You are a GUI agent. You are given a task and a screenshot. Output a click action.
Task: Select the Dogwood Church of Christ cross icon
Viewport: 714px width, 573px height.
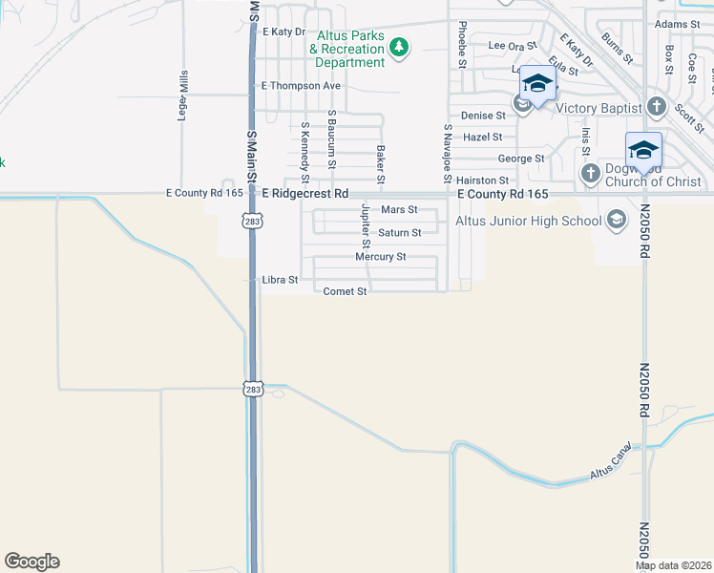coord(591,174)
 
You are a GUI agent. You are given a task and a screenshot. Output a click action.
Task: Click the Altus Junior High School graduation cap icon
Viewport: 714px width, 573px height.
coord(616,221)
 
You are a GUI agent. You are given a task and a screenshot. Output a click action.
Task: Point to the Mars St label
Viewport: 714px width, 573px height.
coord(399,209)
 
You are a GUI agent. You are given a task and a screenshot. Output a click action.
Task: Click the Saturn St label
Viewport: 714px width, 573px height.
coord(399,233)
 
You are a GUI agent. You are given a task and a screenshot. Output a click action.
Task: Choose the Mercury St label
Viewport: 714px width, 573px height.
coord(381,257)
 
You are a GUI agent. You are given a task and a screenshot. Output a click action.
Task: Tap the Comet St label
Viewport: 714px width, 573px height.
coord(346,291)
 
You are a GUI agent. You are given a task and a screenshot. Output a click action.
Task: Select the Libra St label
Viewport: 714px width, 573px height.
coord(281,281)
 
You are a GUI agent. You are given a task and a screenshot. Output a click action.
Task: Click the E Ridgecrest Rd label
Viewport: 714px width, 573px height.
coord(304,194)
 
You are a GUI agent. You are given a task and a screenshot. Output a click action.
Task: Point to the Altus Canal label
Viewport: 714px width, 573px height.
coord(611,461)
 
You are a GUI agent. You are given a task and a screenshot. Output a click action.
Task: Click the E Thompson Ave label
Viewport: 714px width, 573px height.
coord(301,86)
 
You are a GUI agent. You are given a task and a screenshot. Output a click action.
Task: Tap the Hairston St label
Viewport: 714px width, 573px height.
coord(482,180)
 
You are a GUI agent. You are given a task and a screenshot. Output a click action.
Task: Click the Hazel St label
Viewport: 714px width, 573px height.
coord(482,138)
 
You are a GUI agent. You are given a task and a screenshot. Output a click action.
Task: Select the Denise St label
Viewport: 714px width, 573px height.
coord(482,116)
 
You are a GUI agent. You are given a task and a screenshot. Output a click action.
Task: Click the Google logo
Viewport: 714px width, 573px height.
coord(31,562)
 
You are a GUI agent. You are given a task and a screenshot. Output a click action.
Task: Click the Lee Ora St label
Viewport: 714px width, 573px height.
coord(514,45)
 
